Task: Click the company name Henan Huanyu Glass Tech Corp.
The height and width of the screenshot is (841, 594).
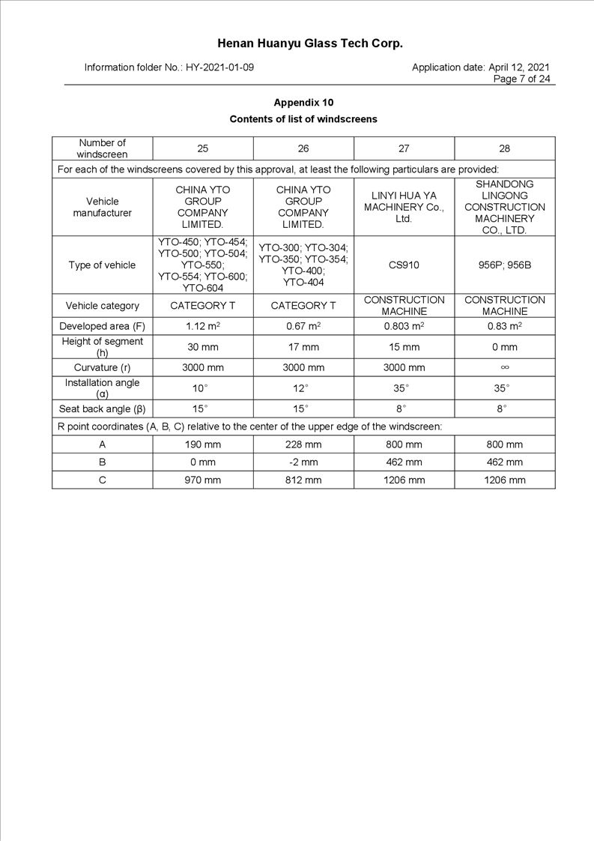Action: pos(310,43)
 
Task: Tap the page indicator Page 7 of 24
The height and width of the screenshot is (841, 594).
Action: pos(521,79)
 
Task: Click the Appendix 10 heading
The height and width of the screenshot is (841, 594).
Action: pos(303,103)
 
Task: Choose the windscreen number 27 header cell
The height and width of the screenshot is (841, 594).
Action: pos(404,148)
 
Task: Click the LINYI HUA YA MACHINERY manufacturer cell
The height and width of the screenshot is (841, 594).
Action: pos(404,207)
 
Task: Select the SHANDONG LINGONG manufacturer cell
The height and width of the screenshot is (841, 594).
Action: pos(504,207)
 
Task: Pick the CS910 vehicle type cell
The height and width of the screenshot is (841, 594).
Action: pos(404,265)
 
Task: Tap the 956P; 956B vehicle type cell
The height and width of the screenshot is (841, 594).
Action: pos(504,265)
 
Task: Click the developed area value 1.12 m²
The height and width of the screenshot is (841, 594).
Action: pos(202,327)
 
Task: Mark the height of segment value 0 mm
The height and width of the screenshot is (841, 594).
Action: pos(504,347)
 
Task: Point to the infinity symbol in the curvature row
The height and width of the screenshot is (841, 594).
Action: pos(504,368)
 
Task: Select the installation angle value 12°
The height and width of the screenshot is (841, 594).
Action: pos(303,388)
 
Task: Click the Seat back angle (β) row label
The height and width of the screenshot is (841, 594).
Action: pos(102,409)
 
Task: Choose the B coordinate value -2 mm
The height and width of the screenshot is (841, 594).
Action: pos(303,462)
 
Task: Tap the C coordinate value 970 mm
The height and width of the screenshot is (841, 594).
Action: pos(202,480)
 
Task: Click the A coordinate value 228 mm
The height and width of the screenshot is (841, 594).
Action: pos(303,444)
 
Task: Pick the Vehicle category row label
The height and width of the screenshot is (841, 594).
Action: pos(102,306)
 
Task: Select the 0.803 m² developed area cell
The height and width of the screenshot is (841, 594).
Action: pos(404,327)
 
